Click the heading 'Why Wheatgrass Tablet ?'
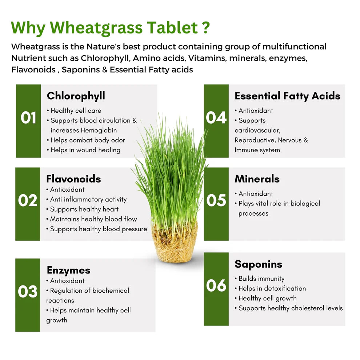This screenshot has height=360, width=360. pyautogui.click(x=111, y=28)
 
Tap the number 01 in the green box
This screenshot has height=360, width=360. pyautogui.click(x=28, y=118)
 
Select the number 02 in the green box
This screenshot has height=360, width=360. pyautogui.click(x=28, y=201)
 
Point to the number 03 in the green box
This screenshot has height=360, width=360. pyautogui.click(x=28, y=292)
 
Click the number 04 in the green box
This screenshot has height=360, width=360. pyautogui.click(x=216, y=118)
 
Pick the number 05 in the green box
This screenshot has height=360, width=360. pyautogui.click(x=216, y=201)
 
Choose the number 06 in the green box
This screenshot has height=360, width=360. pyautogui.click(x=216, y=286)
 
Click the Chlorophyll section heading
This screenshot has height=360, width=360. pyautogui.click(x=76, y=96)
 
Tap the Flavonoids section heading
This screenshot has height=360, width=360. pyautogui.click(x=73, y=179)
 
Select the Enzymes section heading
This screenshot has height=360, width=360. pyautogui.click(x=69, y=270)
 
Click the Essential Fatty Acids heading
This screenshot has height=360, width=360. pyautogui.click(x=287, y=96)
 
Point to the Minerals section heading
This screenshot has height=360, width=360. pyautogui.click(x=257, y=179)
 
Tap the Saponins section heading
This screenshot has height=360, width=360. pyautogui.click(x=258, y=264)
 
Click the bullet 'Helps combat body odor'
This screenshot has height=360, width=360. pyautogui.click(x=88, y=140)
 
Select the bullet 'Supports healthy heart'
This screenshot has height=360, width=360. pyautogui.click(x=84, y=209)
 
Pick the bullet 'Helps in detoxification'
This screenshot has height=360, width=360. pyautogui.click(x=272, y=288)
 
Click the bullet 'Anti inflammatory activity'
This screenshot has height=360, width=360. pyautogui.click(x=88, y=199)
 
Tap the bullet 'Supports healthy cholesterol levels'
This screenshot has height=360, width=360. pyautogui.click(x=290, y=308)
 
